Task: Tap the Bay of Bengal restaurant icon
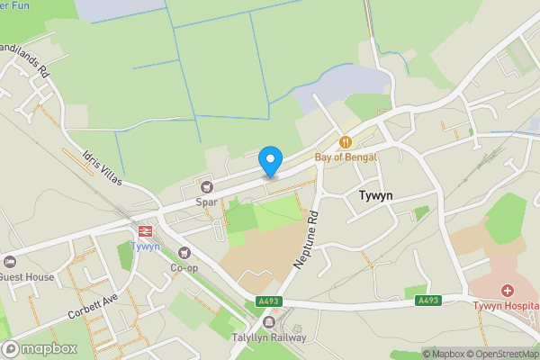pyautogui.click(x=345, y=142)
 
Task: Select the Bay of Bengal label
pyautogui.click(x=346, y=157)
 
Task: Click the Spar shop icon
pyautogui.click(x=208, y=187)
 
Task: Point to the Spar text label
pyautogui.click(x=208, y=202)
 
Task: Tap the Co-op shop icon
pyautogui.click(x=184, y=253)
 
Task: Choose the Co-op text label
pyautogui.click(x=184, y=268)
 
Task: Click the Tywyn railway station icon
pyautogui.click(x=145, y=230)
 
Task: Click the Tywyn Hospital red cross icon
pyautogui.click(x=508, y=291)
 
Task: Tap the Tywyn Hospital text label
pyautogui.click(x=506, y=306)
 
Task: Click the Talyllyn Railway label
pyautogui.click(x=270, y=337)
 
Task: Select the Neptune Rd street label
pyautogui.click(x=306, y=239)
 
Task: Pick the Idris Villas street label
pyautogui.click(x=101, y=168)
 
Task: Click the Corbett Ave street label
pyautogui.click(x=93, y=309)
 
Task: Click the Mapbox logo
pyautogui.click(x=39, y=348)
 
